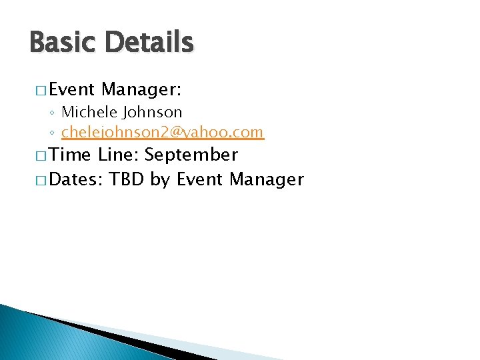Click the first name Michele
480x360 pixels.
86,112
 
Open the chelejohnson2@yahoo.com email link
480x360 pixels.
163,132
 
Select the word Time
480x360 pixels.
71,155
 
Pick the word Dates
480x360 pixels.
75,179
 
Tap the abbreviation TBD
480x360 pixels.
127,179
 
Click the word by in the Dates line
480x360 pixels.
160,180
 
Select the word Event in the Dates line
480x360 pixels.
199,179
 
